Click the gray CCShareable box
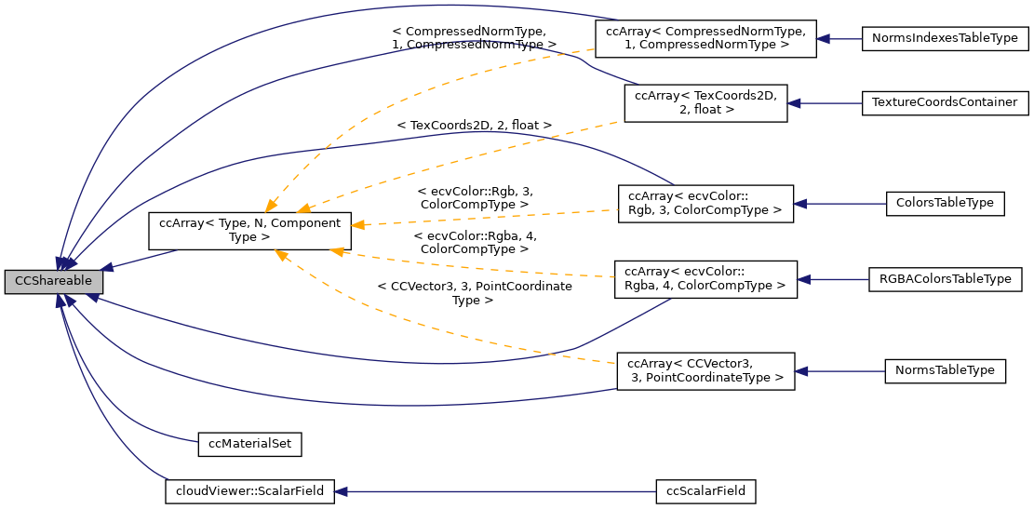click(x=53, y=281)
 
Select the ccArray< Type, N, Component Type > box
click(x=249, y=230)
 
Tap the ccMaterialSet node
click(x=250, y=444)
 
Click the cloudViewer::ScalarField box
click(x=248, y=490)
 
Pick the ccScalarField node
click(x=705, y=490)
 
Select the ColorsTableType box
click(x=945, y=202)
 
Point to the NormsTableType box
click(x=945, y=370)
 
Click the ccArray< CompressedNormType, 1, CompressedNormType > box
click(x=705, y=38)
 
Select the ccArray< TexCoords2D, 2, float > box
click(x=705, y=101)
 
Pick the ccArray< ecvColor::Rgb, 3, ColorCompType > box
click(x=705, y=202)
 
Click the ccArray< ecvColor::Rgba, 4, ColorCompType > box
click(x=705, y=278)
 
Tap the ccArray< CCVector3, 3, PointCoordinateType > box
click(x=705, y=370)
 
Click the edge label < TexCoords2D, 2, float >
click(x=474, y=125)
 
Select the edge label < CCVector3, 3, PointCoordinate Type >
click(x=475, y=293)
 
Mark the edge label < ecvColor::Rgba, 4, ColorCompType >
click(x=475, y=243)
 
